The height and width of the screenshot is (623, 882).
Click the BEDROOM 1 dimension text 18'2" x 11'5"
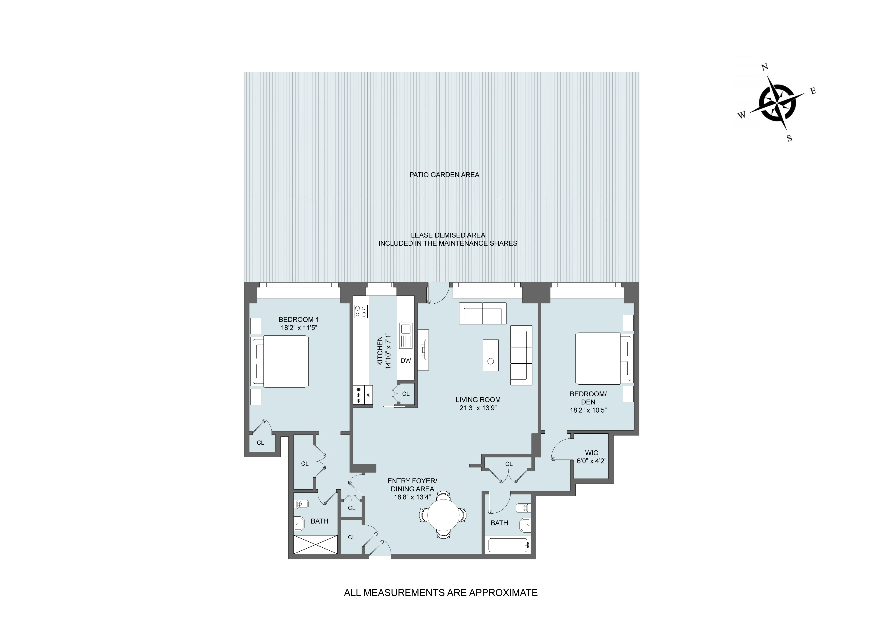(x=298, y=328)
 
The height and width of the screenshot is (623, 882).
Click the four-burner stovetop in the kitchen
(x=361, y=311)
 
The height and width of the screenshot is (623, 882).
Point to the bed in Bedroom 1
(x=282, y=361)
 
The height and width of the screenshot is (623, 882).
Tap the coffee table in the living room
(x=491, y=355)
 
